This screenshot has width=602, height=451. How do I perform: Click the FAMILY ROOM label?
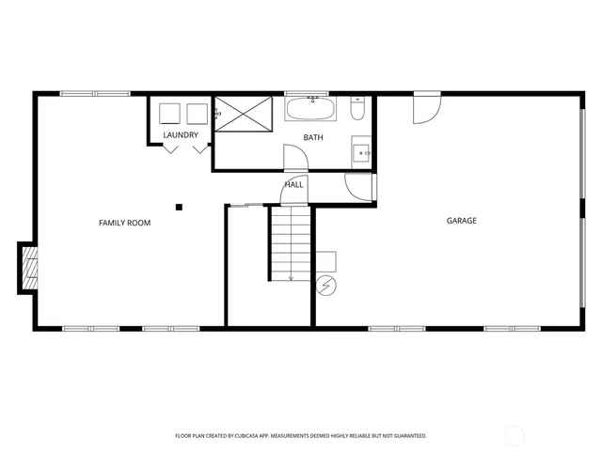(x=125, y=223)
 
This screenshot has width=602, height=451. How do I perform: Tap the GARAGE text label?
(x=461, y=221)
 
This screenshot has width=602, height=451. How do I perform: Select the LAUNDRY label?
(x=181, y=135)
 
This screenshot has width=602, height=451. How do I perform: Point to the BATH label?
(x=313, y=138)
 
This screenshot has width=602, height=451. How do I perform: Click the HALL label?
(x=294, y=185)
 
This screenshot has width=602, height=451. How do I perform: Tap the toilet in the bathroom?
(x=358, y=110)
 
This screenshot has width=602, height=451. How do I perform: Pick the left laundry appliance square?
(x=170, y=114)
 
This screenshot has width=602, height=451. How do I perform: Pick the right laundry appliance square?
(x=197, y=114)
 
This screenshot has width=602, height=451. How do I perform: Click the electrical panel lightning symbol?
(x=325, y=283)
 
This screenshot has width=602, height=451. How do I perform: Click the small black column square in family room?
(x=178, y=207)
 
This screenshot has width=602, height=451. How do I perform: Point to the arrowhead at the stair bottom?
(x=291, y=278)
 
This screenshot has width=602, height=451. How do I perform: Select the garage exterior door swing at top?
(x=425, y=109)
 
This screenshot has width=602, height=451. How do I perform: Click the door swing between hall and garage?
(x=358, y=187)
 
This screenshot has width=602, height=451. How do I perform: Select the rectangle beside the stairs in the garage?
(x=325, y=261)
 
